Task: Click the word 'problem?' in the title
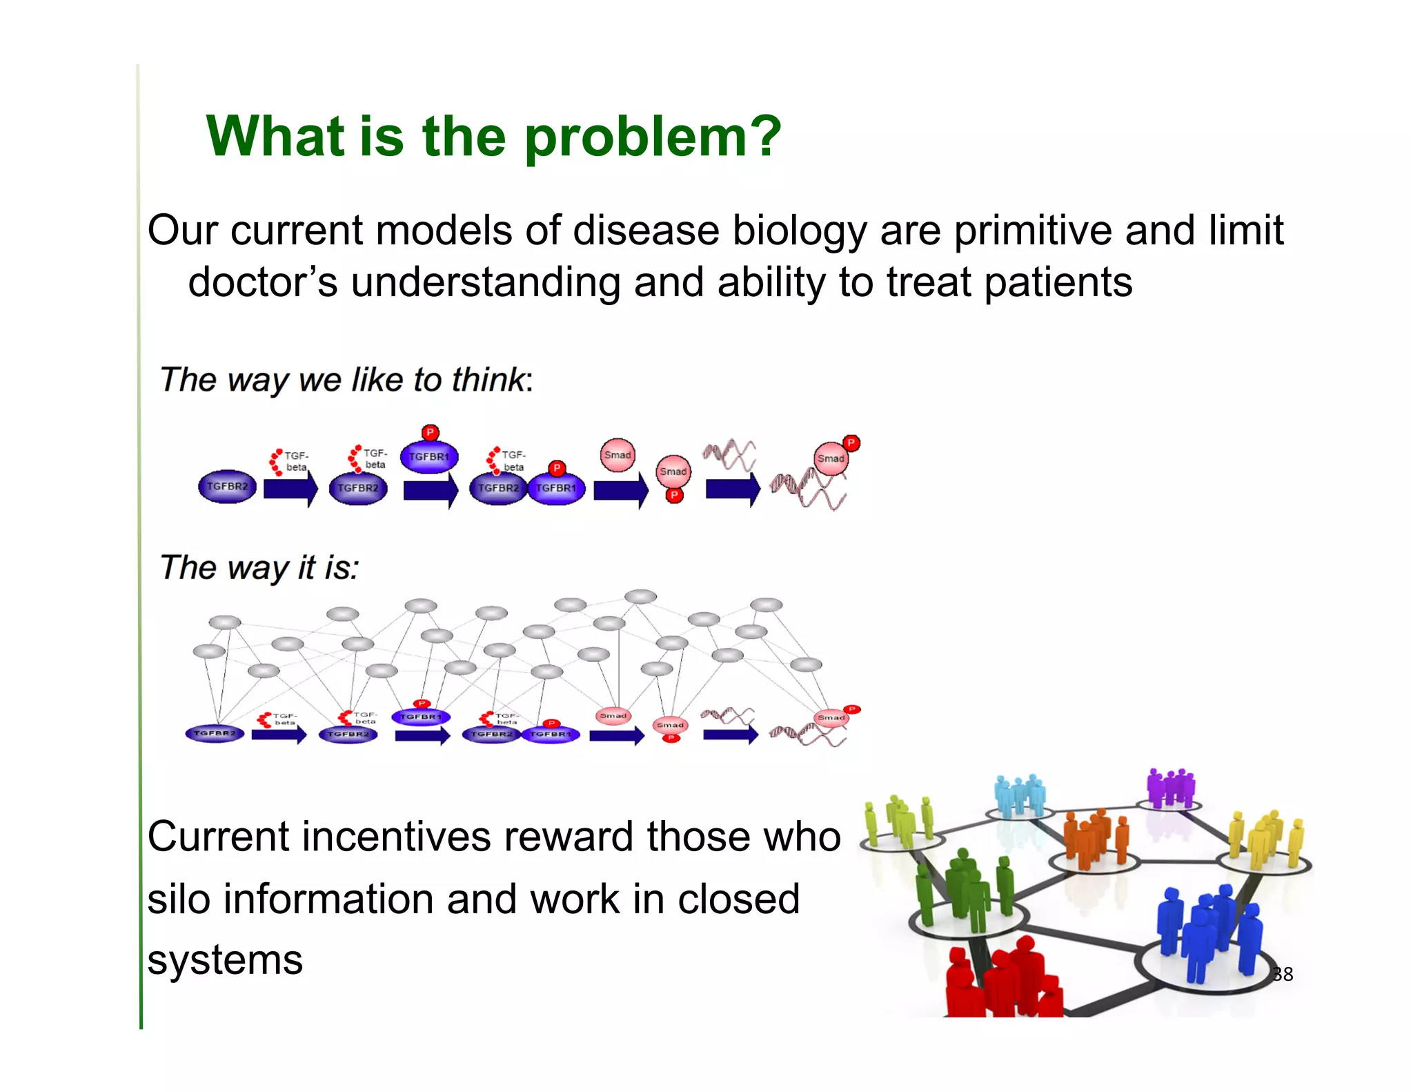coord(653,137)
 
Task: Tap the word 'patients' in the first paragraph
coord(1058,283)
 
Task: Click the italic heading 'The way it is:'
coord(259,567)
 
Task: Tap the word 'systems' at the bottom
coord(225,960)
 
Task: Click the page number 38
coord(1282,974)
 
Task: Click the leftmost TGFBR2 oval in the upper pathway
coord(227,487)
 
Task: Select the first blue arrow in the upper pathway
coord(290,489)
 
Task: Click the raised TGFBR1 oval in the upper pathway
coord(429,457)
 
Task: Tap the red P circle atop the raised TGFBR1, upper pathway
coord(430,433)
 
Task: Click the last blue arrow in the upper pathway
coord(732,489)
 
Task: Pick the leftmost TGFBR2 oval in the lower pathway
coord(215,733)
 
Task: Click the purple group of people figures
coord(1170,788)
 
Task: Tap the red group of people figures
coord(1000,980)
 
